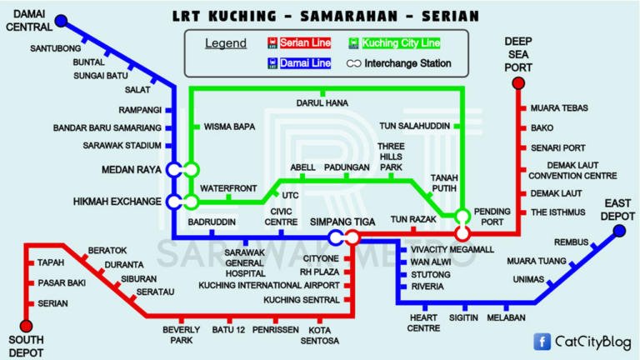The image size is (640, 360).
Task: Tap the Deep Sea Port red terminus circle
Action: tap(517, 82)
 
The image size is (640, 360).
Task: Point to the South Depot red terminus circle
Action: tap(26, 326)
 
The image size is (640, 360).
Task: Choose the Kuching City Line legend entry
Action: tap(396, 42)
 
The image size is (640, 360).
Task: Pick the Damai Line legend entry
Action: tap(301, 63)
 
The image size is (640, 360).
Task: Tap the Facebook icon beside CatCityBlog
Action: tap(542, 340)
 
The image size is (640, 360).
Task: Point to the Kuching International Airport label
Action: tap(268, 285)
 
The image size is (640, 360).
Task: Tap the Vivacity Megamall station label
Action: tap(452, 249)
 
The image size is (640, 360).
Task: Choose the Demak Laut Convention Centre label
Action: tap(572, 171)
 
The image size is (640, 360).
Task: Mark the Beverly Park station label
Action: tap(182, 335)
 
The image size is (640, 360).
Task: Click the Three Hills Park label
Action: tap(391, 157)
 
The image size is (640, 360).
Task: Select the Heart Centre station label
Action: tap(423, 322)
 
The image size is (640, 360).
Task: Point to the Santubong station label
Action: tap(56, 48)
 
